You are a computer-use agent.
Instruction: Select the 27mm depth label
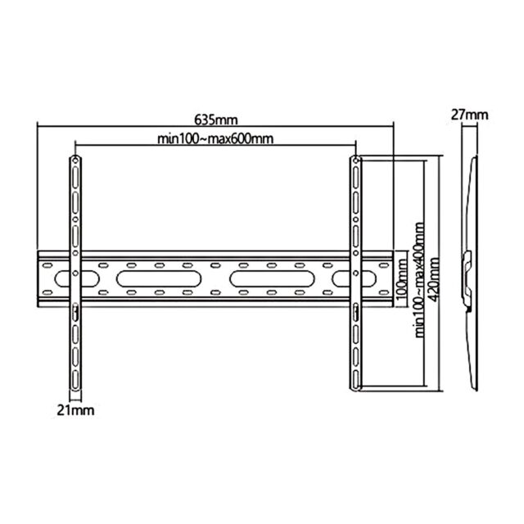(x=469, y=115)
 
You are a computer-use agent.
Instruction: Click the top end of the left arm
(x=75, y=159)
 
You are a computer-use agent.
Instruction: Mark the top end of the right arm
(x=356, y=159)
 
